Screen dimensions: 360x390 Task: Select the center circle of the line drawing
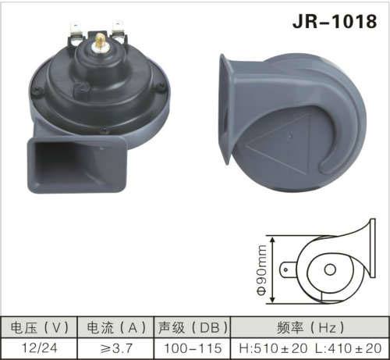tap(330, 270)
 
